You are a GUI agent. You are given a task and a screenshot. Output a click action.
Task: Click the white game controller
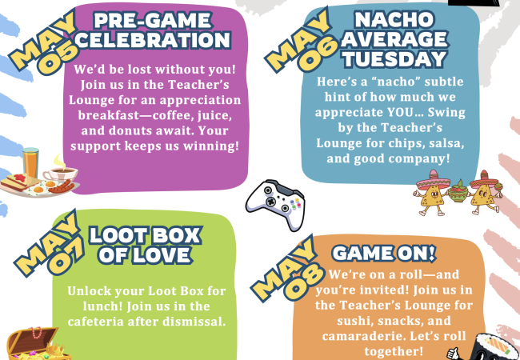coord(276,205)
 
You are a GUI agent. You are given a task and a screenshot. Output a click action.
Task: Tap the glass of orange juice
coord(30,162)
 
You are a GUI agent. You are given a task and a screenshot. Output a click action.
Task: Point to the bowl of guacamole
coord(458,191)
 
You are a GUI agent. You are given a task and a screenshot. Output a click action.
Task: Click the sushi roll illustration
coord(494,347)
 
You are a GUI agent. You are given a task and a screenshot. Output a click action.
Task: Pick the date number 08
coord(305,281)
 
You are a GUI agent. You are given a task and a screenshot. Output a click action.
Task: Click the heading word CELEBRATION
coord(153,40)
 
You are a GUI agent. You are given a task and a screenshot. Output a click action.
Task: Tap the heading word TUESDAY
coord(394,59)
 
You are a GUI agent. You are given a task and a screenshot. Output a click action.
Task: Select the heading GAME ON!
coord(384,254)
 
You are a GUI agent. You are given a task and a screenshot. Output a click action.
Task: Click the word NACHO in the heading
coord(394,19)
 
